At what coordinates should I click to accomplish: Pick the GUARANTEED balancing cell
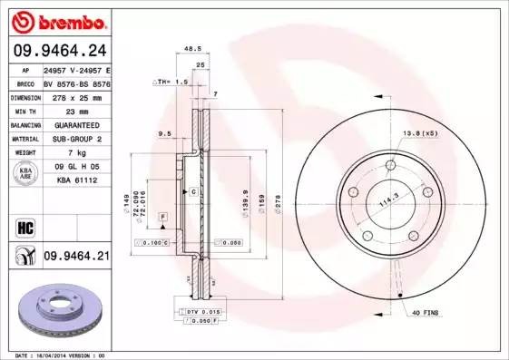tap(76, 123)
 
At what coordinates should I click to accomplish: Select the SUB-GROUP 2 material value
tap(76, 139)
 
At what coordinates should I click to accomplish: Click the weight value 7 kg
tap(78, 153)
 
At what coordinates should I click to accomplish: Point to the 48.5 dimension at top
tap(191, 49)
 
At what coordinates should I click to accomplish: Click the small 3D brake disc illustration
tap(54, 312)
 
